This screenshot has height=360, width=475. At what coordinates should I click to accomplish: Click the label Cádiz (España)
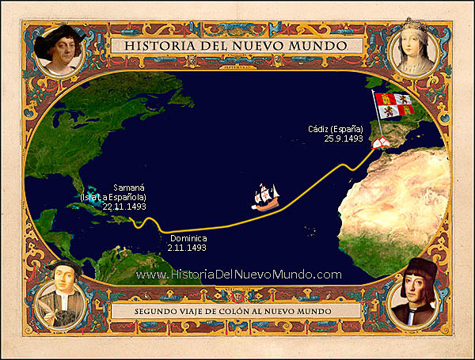[x=335, y=128]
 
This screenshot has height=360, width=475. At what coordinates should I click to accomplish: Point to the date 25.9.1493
[x=343, y=138]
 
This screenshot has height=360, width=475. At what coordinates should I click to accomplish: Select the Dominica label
[x=187, y=237]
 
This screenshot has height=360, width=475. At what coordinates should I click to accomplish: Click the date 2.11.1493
[x=187, y=248]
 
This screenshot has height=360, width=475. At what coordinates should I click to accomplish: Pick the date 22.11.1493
[x=124, y=206]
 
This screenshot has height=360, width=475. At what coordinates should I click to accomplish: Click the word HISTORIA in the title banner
[x=157, y=46]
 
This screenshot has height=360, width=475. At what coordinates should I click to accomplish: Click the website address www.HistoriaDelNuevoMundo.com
[x=238, y=275]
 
